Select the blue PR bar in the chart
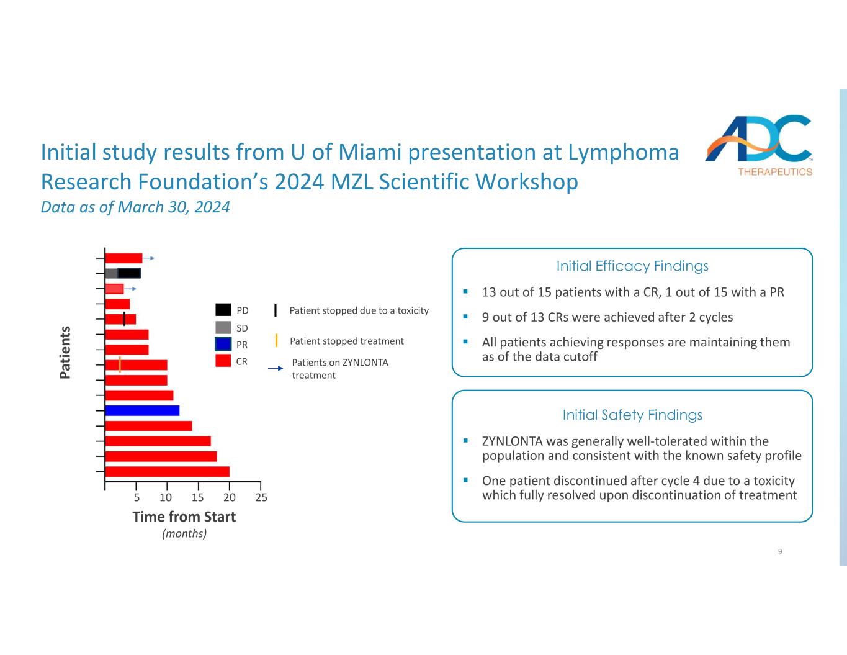point(142,410)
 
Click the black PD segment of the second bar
point(129,273)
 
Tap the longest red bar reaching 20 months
point(168,471)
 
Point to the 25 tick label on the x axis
point(261,497)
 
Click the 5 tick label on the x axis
point(137,497)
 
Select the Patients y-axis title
point(65,351)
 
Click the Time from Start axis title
point(184,517)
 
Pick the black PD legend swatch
point(223,310)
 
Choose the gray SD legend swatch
point(223,327)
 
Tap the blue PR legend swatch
point(223,344)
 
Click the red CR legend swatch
point(223,361)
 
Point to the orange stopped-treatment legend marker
point(276,340)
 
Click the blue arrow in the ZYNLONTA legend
point(276,369)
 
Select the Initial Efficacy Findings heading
point(632,266)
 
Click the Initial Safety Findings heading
point(632,415)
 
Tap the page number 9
point(780,551)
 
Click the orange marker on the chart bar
point(120,364)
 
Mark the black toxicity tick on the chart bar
point(124,319)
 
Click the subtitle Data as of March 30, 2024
point(135,207)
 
